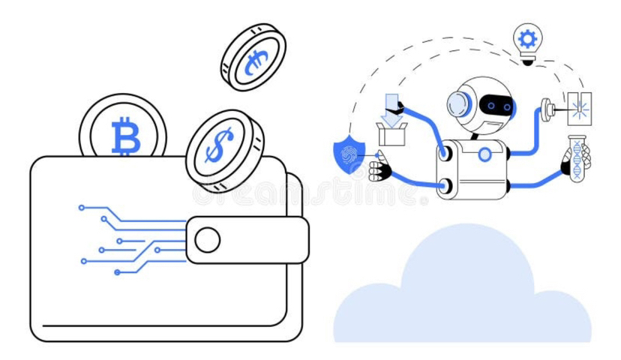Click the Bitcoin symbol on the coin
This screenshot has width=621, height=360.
pos(125,137)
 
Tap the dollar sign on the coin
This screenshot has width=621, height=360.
pos(217,146)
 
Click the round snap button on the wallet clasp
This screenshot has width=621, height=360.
pos(208,240)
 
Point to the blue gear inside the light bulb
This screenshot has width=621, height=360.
pos(527,39)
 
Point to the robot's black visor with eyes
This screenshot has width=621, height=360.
pos(494,106)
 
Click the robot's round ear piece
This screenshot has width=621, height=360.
pos(458,106)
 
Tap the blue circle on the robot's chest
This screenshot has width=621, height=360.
pos(485,154)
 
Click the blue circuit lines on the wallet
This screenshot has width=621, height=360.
pos(127,232)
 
